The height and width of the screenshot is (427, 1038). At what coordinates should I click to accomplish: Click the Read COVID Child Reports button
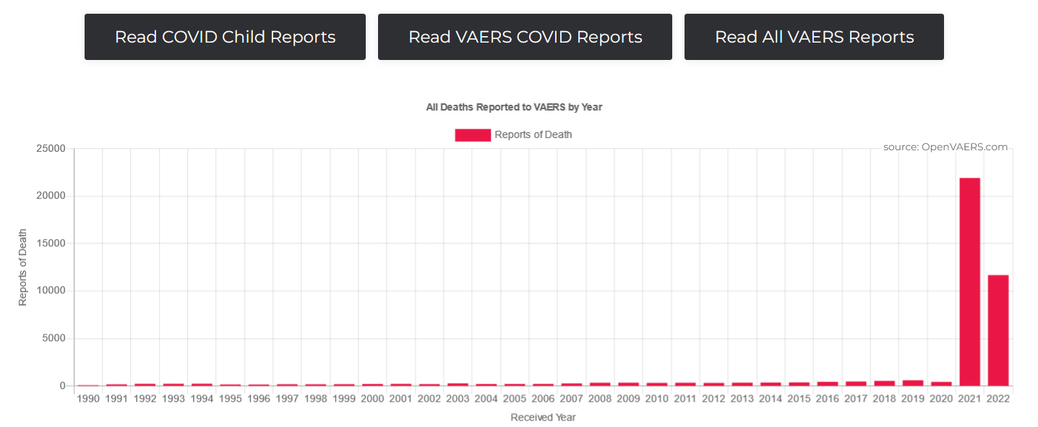[225, 37]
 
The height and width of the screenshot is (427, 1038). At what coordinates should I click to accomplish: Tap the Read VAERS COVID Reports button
[525, 37]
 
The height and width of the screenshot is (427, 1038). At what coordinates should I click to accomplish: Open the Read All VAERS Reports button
[814, 37]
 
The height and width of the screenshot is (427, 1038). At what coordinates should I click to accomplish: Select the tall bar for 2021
[969, 282]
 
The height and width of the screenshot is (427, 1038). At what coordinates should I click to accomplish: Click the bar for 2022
[998, 330]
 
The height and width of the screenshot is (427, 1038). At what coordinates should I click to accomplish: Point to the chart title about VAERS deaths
[514, 107]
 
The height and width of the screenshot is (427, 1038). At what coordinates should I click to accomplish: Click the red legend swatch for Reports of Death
[473, 135]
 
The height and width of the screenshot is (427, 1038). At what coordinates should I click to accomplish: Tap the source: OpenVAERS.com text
[945, 147]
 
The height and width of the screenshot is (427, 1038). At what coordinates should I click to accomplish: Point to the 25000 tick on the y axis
[51, 149]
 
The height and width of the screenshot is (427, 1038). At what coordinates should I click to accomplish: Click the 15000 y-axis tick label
[51, 243]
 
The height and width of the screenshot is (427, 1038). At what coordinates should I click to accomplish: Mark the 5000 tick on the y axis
[53, 338]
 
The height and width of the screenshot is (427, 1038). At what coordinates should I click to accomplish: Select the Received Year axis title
[543, 418]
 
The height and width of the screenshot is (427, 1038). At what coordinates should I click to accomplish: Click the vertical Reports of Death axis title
[22, 267]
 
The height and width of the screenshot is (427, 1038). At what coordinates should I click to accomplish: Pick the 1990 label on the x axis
[88, 399]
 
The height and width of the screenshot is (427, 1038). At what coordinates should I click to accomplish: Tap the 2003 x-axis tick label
[458, 399]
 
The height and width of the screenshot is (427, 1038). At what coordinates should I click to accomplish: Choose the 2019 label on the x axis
[912, 399]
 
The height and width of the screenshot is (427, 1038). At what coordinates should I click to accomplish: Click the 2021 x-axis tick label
[969, 399]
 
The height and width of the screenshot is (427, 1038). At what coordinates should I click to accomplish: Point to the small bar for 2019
[912, 383]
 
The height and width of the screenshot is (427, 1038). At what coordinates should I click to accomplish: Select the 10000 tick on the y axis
[51, 291]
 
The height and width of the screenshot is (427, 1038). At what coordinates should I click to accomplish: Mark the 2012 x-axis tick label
[713, 399]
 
